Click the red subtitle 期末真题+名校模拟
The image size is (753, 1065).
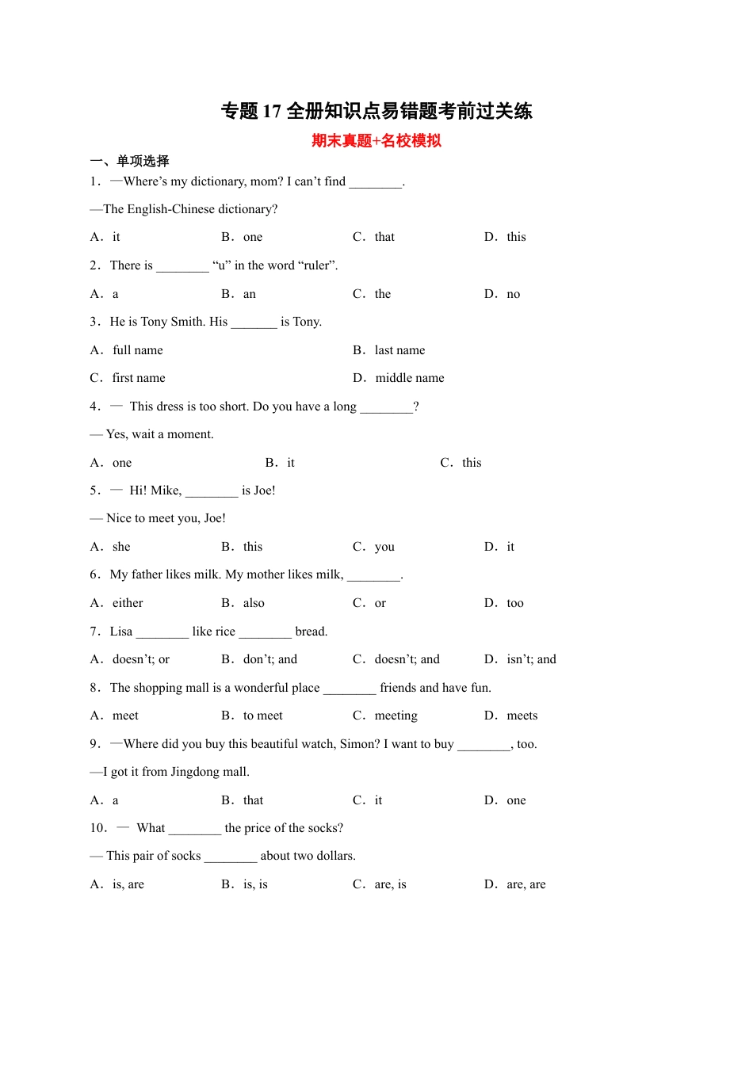(x=376, y=141)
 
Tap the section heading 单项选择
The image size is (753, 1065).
(x=143, y=161)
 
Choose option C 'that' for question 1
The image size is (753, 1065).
(x=384, y=237)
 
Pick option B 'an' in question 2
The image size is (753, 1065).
(x=250, y=294)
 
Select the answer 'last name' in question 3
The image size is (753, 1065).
(x=399, y=350)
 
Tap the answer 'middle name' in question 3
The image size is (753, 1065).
(x=410, y=378)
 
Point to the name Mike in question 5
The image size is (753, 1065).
(x=166, y=491)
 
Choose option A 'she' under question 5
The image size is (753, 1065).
(x=121, y=547)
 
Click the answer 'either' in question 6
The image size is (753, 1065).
(x=128, y=603)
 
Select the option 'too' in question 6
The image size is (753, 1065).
(x=515, y=603)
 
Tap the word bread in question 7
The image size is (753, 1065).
(x=311, y=632)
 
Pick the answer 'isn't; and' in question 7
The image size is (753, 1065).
(x=531, y=659)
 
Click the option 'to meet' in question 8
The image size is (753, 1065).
(x=263, y=716)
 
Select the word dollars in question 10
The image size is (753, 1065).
(x=335, y=856)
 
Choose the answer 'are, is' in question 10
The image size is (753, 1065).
(x=390, y=884)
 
